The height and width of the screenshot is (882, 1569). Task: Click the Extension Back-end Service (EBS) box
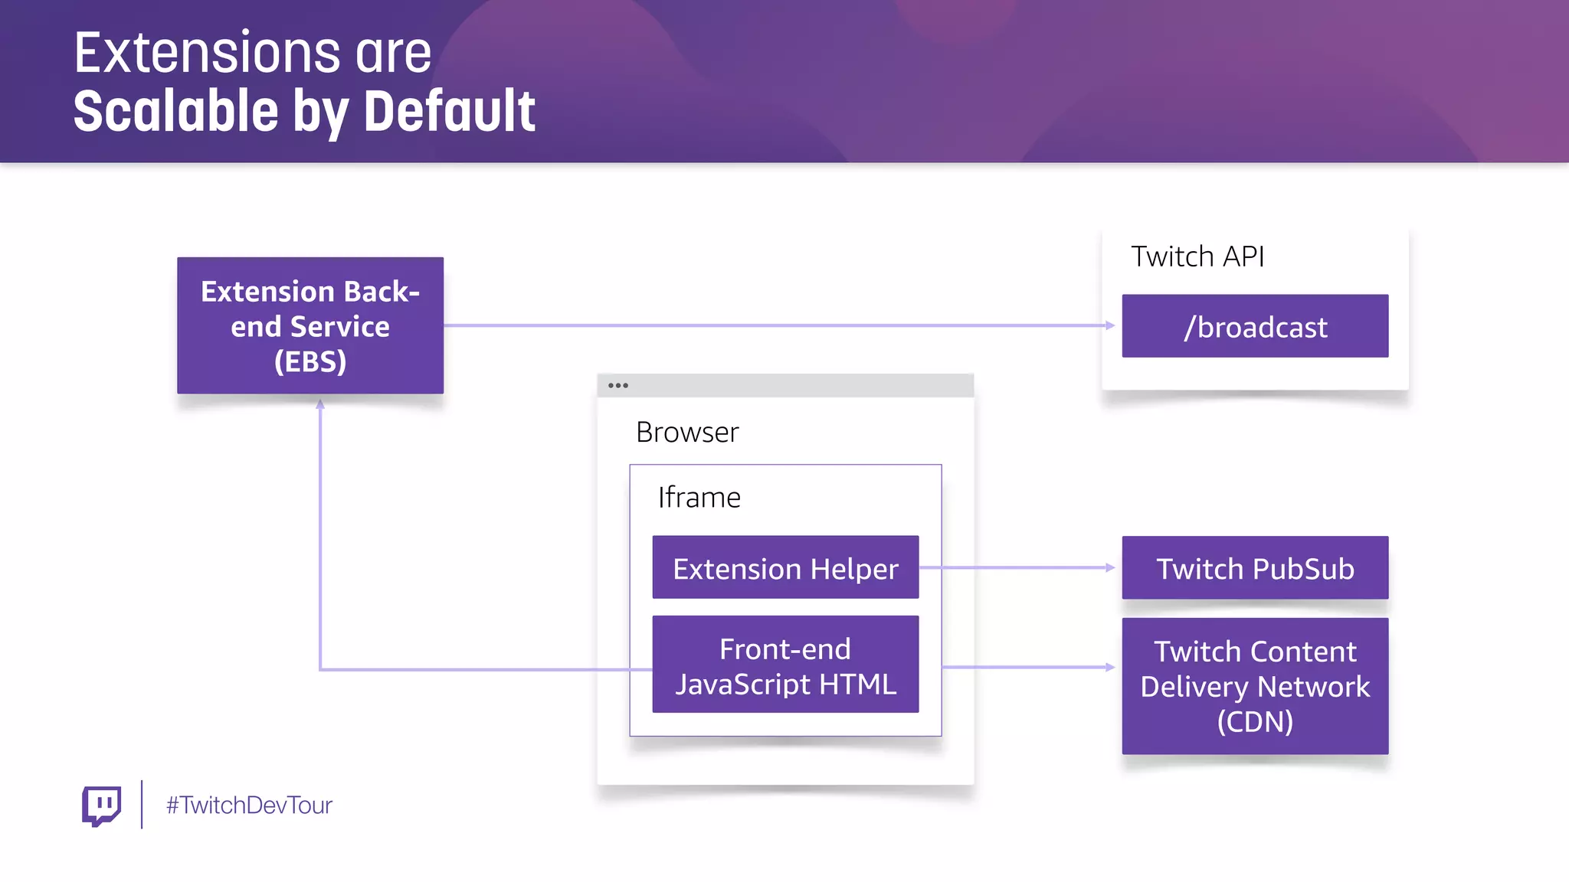coord(310,325)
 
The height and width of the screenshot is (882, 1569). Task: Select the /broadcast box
coord(1255,326)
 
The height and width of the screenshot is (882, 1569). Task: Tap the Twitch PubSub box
coord(1255,568)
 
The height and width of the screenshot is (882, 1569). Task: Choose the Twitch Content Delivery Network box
coord(1255,686)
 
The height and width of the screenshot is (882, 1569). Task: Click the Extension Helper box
coord(785,568)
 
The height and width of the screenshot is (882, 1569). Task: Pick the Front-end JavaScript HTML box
coord(785,665)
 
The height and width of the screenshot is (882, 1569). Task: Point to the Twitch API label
coord(1197,256)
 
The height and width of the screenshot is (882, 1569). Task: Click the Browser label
coord(687,433)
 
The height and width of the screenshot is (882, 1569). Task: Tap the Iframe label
coord(699,498)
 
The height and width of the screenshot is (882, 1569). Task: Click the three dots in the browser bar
coord(617,385)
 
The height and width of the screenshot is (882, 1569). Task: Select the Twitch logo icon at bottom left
coord(101,805)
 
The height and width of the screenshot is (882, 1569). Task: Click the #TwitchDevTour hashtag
coord(249,805)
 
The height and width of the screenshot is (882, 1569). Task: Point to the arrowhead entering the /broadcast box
coord(1110,325)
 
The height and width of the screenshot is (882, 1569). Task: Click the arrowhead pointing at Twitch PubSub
coord(1110,567)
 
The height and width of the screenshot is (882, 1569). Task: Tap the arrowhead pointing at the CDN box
coord(1110,667)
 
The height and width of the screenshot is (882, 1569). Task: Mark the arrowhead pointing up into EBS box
coord(320,404)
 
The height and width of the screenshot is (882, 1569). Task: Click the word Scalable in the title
coord(175,112)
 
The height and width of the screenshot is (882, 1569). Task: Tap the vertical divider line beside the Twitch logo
coord(142,805)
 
